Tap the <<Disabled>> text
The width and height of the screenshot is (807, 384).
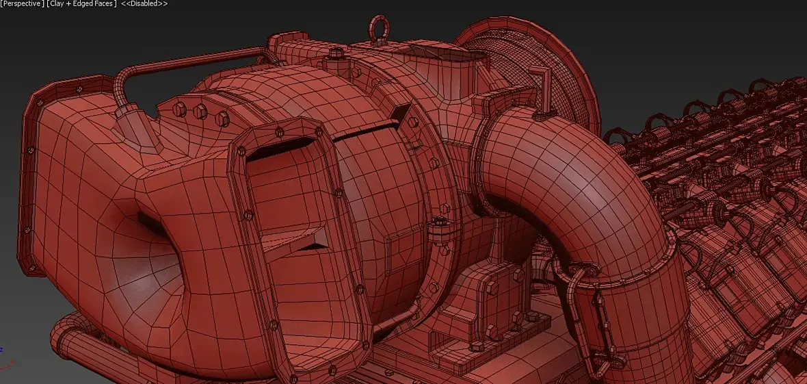click(x=144, y=3)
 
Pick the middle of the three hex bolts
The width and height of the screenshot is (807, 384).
click(x=200, y=112)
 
